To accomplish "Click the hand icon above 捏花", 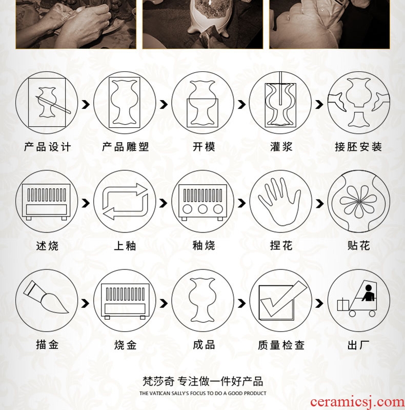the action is pos(279,202).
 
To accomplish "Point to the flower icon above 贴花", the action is pos(358,202).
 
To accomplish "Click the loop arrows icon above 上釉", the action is pos(125,201).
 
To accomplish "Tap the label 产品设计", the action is pos(47,147).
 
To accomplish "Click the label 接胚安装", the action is pos(358,147).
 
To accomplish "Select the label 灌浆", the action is pos(281,147).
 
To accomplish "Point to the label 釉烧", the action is pos(204,245).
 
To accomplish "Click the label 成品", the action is pos(204,345).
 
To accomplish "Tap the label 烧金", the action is pos(126,345).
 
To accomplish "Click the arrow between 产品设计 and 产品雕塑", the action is pos(86,105).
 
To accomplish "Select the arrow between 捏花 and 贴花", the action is pos(319,203).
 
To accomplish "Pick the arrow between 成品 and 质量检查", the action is pos(241,303).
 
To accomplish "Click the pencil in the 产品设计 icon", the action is pos(53,105).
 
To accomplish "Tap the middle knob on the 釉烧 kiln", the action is pos(203,209).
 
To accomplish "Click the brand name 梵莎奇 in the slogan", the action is pos(158,381).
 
